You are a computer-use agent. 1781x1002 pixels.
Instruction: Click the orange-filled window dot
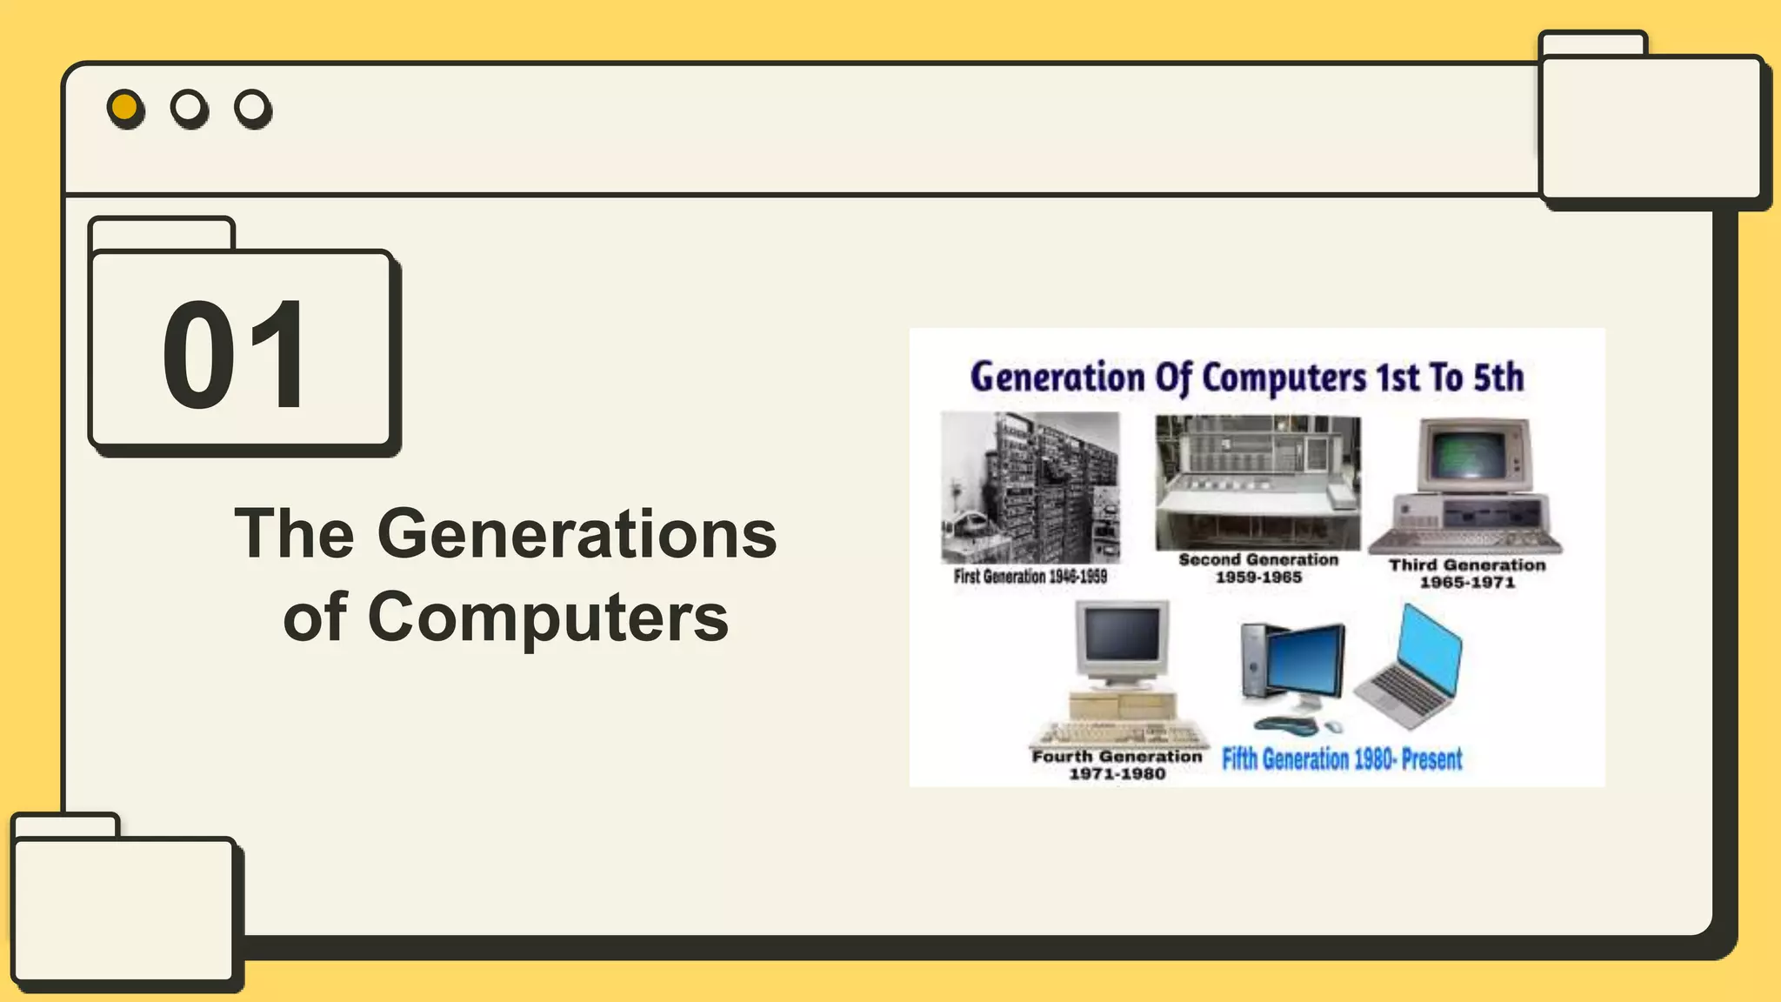point(124,107)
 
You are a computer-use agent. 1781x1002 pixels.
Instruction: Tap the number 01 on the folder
point(235,354)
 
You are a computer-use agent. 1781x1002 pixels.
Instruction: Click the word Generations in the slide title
point(577,534)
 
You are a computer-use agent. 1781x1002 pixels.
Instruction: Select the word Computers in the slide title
point(548,617)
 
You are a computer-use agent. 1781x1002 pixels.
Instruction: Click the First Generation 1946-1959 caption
point(1030,576)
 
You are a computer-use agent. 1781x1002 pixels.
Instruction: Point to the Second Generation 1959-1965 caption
point(1258,569)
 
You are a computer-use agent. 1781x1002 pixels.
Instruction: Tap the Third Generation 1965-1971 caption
point(1467,573)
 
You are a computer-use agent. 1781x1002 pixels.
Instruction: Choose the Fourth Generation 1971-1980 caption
point(1117,765)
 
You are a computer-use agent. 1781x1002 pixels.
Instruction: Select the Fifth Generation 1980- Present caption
point(1342,759)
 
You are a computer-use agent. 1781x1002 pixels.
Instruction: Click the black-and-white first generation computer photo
point(1031,487)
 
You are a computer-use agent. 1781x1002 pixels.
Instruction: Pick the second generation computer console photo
point(1257,482)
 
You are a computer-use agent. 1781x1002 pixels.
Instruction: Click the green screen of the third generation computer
point(1471,454)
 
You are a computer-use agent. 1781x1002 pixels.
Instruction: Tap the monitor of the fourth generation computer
point(1122,637)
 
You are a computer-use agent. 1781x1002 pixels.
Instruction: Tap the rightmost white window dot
point(251,107)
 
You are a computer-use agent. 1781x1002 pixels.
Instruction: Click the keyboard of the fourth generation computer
point(1122,733)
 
